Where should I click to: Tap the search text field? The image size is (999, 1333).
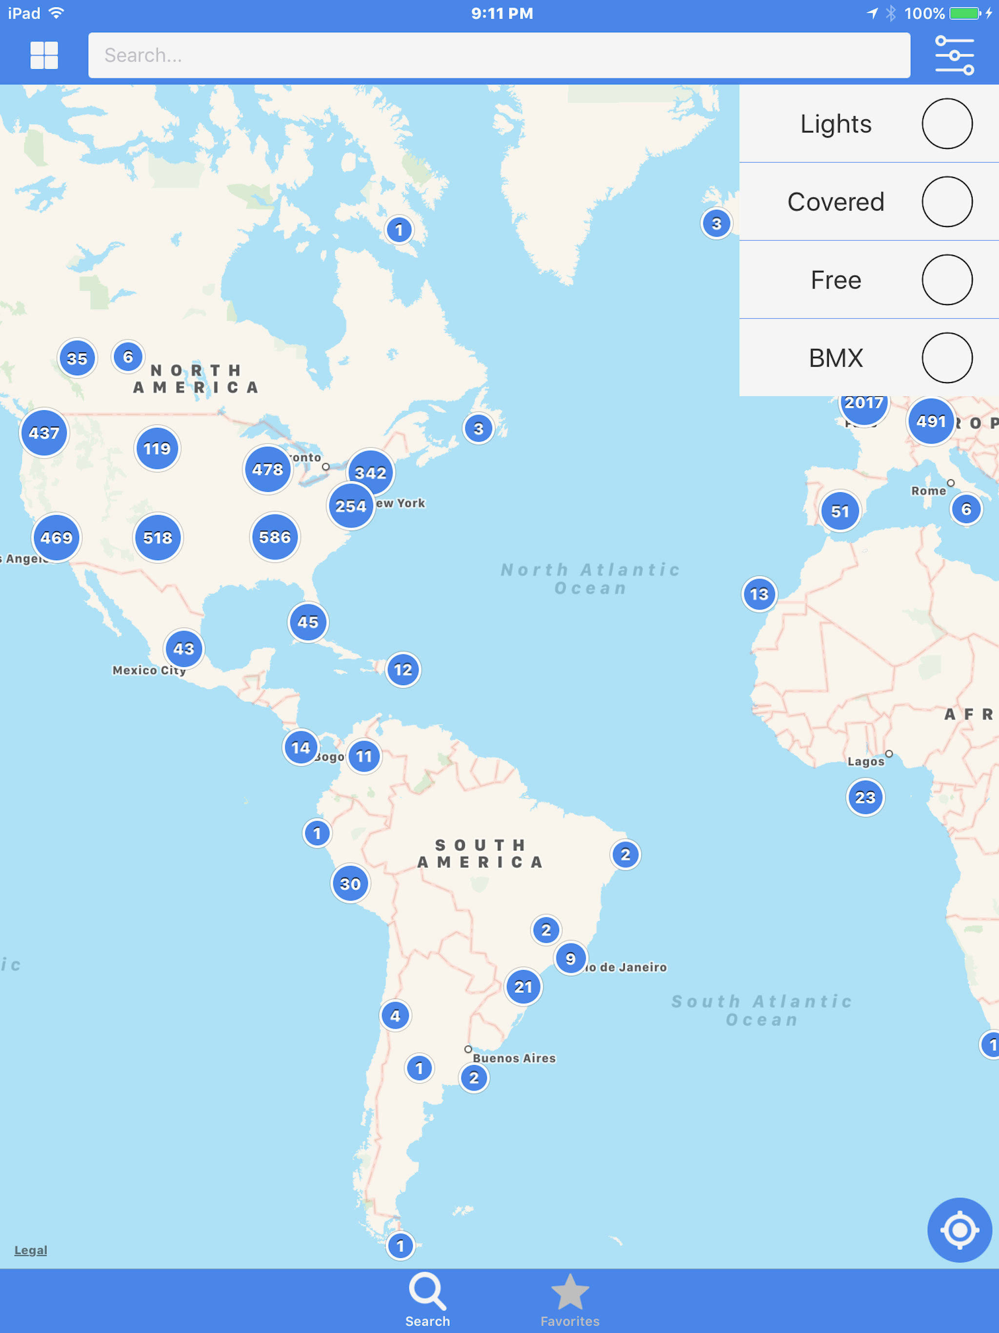click(x=499, y=56)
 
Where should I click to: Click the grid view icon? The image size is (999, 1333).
click(x=44, y=56)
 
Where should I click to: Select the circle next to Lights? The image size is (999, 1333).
click(x=947, y=123)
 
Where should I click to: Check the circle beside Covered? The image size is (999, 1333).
click(x=947, y=202)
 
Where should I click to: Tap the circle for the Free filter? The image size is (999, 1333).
click(x=947, y=280)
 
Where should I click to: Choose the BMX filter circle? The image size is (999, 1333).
click(x=947, y=358)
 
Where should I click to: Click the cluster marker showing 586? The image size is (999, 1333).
click(x=275, y=537)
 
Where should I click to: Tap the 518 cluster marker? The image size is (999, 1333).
click(x=158, y=538)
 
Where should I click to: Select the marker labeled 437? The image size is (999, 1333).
click(x=44, y=433)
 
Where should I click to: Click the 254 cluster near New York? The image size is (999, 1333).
click(x=351, y=505)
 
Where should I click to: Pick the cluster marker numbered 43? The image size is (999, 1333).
click(x=184, y=648)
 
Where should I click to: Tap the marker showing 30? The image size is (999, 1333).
click(x=350, y=884)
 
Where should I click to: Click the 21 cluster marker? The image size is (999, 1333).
click(x=523, y=987)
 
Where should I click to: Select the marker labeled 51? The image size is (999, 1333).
click(x=840, y=511)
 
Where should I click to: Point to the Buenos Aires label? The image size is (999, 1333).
click(x=514, y=1058)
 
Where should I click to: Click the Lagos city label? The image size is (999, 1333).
click(x=866, y=762)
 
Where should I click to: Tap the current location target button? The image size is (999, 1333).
click(x=959, y=1230)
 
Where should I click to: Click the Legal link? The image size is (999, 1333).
click(x=31, y=1251)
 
